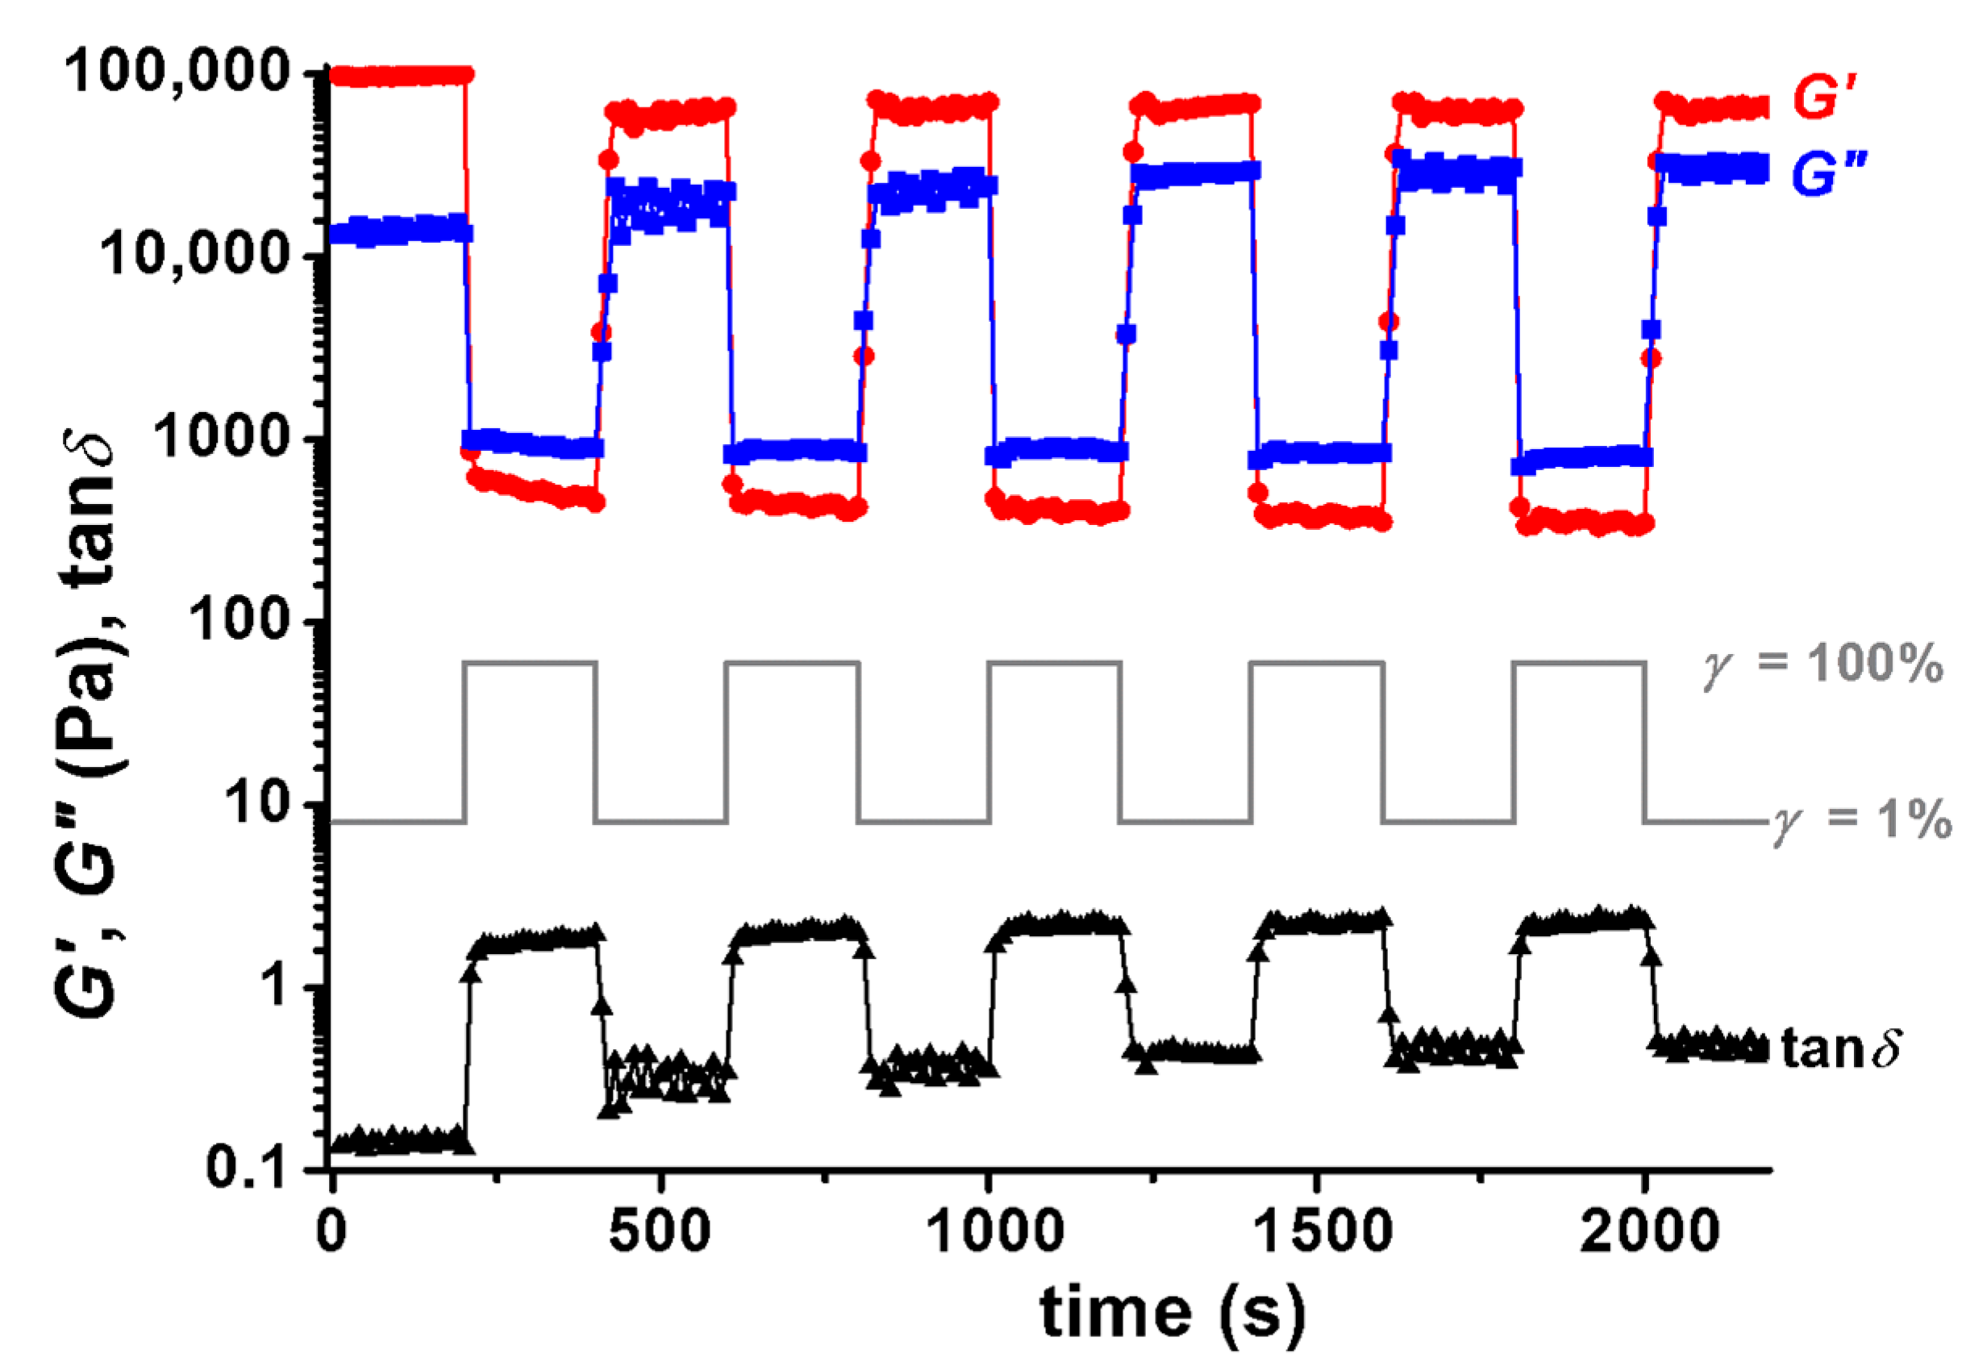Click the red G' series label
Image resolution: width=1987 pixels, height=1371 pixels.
pos(1825,96)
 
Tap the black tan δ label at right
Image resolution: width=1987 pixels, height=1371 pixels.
pos(1839,1048)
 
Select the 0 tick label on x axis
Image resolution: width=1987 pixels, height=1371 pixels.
pos(331,1231)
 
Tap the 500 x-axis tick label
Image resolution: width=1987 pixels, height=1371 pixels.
pos(660,1231)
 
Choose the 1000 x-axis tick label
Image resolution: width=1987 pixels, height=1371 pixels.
pos(989,1231)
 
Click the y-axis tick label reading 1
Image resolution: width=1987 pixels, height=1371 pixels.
pos(275,986)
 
